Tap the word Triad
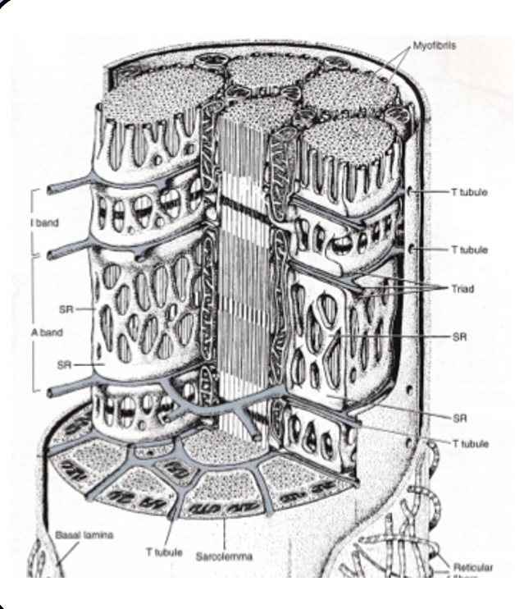click(463, 289)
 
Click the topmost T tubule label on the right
click(469, 193)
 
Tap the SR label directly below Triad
click(459, 337)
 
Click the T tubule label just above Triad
click(469, 250)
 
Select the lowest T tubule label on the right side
click(470, 443)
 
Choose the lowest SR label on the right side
click(459, 417)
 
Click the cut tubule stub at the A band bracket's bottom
click(55, 392)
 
